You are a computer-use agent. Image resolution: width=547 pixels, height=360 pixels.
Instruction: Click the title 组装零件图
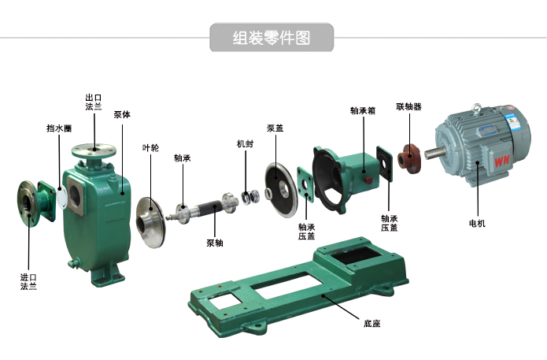[272, 37]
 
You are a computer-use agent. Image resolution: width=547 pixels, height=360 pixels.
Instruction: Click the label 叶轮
[150, 147]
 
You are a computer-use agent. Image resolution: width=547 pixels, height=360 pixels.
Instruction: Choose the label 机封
[245, 144]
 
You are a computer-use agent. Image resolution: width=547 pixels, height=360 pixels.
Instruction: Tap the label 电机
[477, 224]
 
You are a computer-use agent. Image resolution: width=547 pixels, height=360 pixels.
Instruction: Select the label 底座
[371, 323]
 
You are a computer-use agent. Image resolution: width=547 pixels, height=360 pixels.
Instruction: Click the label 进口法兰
[28, 281]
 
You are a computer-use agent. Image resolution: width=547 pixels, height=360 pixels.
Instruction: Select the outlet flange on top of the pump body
[94, 149]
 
